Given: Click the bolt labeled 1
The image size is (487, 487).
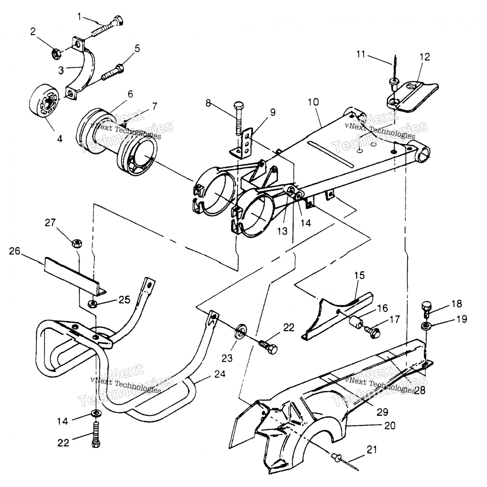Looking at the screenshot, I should pyautogui.click(x=107, y=28).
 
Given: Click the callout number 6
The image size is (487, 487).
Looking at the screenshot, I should pyautogui.click(x=130, y=94).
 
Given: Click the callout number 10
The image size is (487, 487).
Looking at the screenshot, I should pyautogui.click(x=313, y=103).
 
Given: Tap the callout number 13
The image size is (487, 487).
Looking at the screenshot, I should pyautogui.click(x=282, y=231).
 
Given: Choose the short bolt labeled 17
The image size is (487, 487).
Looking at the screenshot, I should pyautogui.click(x=375, y=331).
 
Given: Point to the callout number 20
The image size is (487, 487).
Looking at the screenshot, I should pyautogui.click(x=390, y=425).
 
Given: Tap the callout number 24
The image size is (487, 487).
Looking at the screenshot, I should pyautogui.click(x=219, y=374).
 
